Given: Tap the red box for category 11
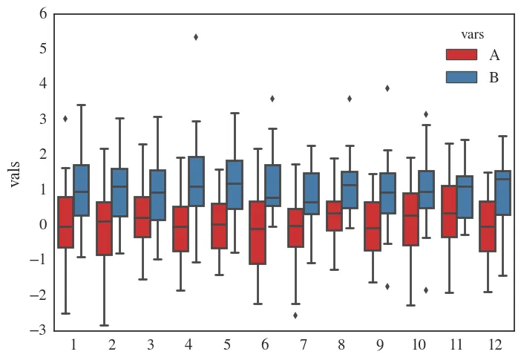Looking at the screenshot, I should tap(449, 212).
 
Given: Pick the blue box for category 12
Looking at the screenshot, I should tap(502, 193).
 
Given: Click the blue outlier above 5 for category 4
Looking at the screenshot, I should tap(196, 37).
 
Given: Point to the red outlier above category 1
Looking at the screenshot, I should tap(65, 118).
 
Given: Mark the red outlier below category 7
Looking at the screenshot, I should tap(295, 315).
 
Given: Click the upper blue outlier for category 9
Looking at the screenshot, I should tap(387, 88).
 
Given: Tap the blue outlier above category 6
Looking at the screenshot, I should tap(272, 98).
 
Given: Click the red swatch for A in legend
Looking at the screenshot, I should tap(461, 54).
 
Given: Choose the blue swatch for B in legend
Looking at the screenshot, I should tap(461, 76).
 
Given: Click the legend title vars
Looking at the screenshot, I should tap(473, 34).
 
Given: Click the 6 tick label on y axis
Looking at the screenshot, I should tap(42, 13).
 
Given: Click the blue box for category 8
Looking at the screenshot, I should tap(349, 190).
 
